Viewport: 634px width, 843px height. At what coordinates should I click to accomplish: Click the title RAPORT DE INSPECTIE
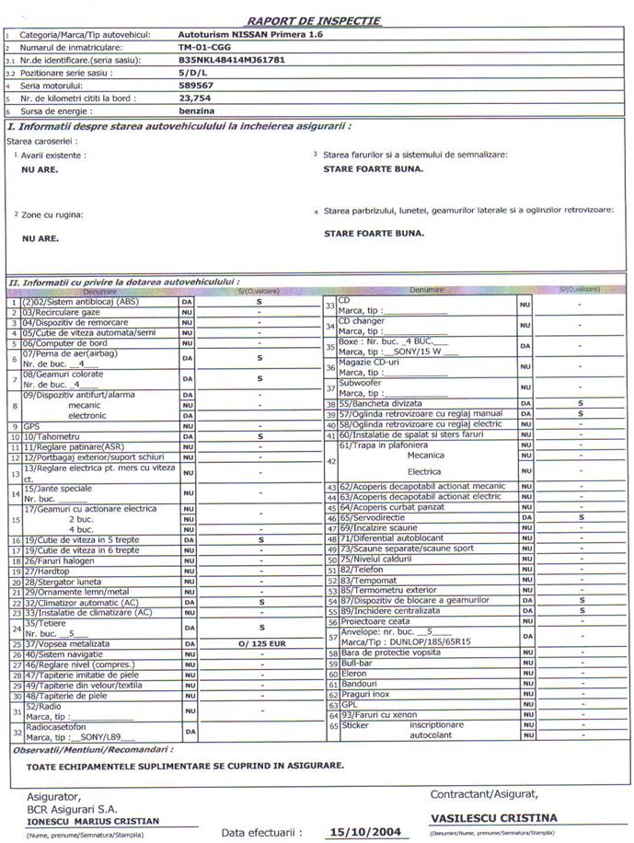(314, 20)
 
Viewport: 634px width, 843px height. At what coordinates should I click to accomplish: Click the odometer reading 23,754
(195, 97)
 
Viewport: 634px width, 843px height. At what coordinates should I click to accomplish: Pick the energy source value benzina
(196, 110)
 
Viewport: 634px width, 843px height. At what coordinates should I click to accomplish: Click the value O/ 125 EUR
(259, 644)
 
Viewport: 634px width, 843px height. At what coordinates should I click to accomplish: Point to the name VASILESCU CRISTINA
(494, 817)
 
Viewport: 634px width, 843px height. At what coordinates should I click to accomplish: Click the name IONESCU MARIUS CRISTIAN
(92, 821)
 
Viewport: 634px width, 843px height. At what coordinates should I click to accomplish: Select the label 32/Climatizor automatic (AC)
(86, 602)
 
